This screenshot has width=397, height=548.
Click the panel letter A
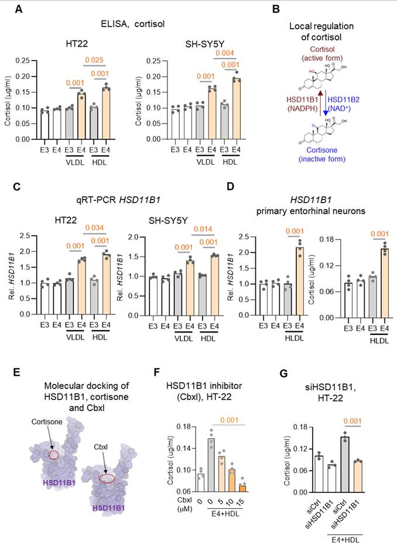[x=11, y=10]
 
